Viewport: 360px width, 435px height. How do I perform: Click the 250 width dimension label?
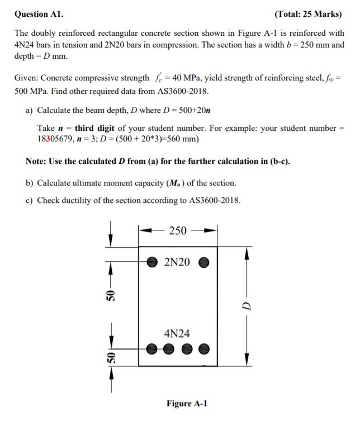click(177, 230)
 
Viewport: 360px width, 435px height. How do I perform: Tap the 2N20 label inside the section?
click(177, 261)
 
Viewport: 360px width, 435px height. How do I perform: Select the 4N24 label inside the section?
click(177, 333)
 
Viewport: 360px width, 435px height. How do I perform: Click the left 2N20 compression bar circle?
click(151, 261)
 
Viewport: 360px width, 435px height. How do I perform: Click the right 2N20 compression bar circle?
click(203, 261)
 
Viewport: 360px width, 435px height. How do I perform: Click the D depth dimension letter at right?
click(245, 306)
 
